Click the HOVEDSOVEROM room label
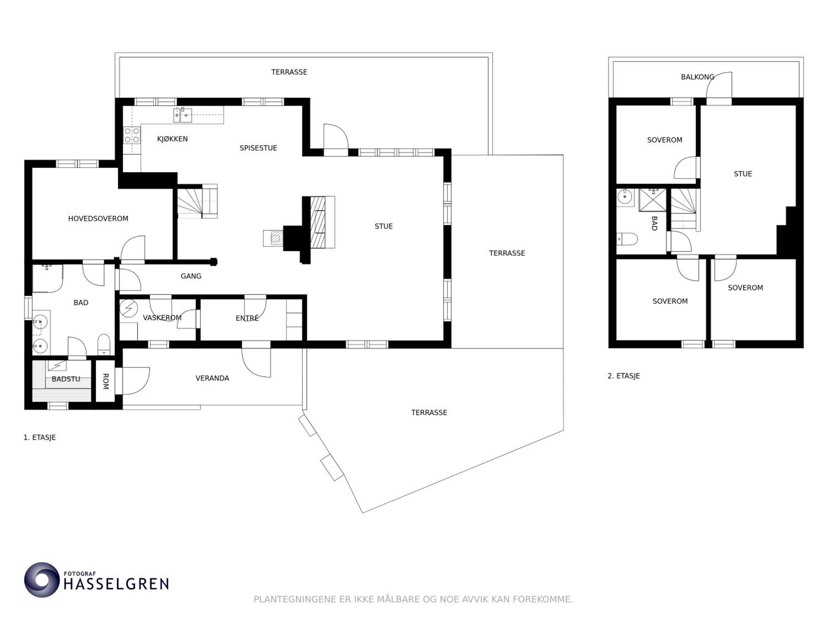point(98,219)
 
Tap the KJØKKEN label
point(172,139)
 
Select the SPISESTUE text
point(258,148)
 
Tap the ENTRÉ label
point(247,318)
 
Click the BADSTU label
point(66,379)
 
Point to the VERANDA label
point(212,378)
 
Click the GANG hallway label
point(191,276)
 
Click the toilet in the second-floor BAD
point(627,239)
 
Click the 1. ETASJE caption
point(40,437)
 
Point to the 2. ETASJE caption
point(624,376)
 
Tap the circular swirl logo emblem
point(42,579)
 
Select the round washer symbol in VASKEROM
point(129,309)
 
